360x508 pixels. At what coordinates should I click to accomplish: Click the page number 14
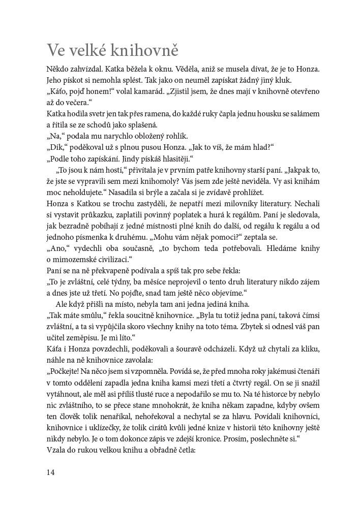(50, 472)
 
